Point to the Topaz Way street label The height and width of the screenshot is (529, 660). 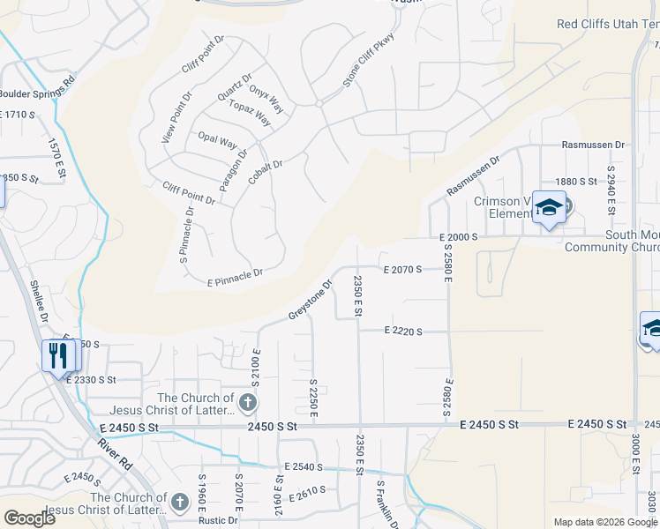(250, 114)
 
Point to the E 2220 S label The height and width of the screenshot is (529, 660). (402, 332)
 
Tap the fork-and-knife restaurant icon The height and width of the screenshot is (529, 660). (59, 356)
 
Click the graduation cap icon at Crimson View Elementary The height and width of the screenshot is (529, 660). (549, 208)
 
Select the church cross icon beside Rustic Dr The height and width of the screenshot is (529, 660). (179, 503)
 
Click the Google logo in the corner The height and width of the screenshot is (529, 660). (29, 518)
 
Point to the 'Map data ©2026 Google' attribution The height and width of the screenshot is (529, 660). (604, 522)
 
